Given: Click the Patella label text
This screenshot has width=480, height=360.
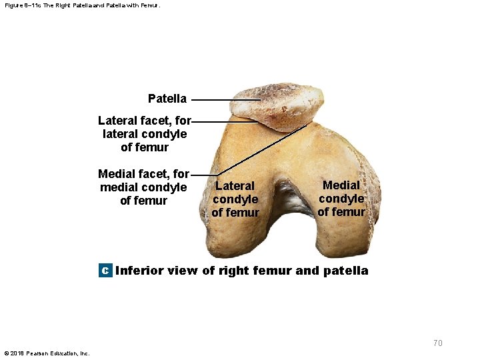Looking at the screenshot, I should tap(167, 99).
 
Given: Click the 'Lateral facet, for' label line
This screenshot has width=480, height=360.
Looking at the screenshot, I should tap(145, 121).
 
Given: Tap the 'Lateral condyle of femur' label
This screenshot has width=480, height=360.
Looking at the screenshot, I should tap(235, 199).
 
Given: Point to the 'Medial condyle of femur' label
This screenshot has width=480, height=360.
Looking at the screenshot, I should tap(341, 199).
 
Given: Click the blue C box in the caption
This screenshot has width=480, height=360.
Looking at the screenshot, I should tap(105, 271).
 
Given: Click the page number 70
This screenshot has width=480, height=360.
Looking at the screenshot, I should tap(437, 343).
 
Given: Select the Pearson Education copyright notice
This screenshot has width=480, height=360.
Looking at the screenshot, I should tap(47, 353).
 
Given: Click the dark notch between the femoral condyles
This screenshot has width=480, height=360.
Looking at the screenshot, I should tap(290, 200).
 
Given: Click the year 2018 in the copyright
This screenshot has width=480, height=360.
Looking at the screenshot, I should tap(18, 353).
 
